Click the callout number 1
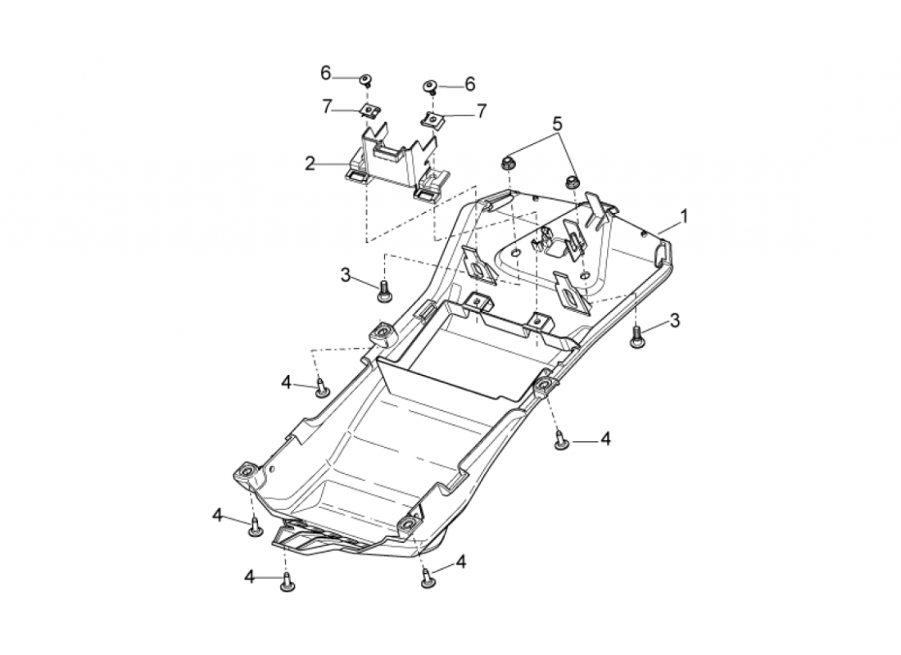pos(684,217)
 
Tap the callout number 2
pos(310,164)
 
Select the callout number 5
pos(557,124)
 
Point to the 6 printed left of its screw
pos(326,73)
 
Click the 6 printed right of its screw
pos(470,84)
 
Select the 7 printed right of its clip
pos(482,111)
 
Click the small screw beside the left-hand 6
pos(364,79)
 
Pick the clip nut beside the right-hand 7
pos(434,120)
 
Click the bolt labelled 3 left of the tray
pos(383,291)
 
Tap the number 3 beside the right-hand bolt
pos(675,320)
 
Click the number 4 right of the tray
pos(605,439)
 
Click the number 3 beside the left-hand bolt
pos(346,275)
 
